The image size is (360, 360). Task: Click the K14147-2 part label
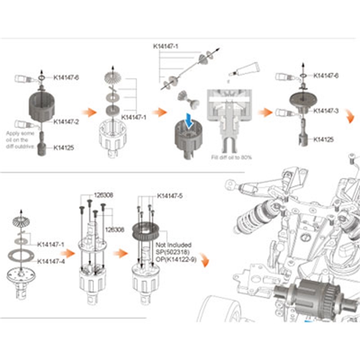[66, 121]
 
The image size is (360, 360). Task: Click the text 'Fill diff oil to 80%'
[231, 157]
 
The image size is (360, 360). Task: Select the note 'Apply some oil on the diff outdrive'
[20, 139]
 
